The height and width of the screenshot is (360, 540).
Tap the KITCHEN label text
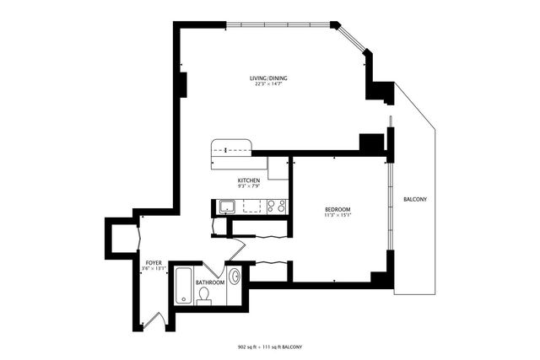pyautogui.click(x=248, y=180)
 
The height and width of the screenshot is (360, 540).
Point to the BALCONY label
pyautogui.click(x=414, y=199)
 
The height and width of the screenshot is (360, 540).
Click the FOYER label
pyautogui.click(x=154, y=262)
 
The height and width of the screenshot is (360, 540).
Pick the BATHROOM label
pyautogui.click(x=210, y=282)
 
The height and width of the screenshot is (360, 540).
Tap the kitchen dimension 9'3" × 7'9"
pyautogui.click(x=248, y=187)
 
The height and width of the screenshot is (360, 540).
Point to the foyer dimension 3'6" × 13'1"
pyautogui.click(x=154, y=269)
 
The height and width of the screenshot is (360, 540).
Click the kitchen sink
pyautogui.click(x=225, y=205)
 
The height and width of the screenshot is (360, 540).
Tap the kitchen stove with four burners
pyautogui.click(x=276, y=205)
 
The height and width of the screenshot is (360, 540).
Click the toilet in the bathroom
pyautogui.click(x=203, y=295)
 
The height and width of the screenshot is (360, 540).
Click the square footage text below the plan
pyautogui.click(x=269, y=347)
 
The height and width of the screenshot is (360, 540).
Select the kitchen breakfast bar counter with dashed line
pyautogui.click(x=231, y=148)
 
